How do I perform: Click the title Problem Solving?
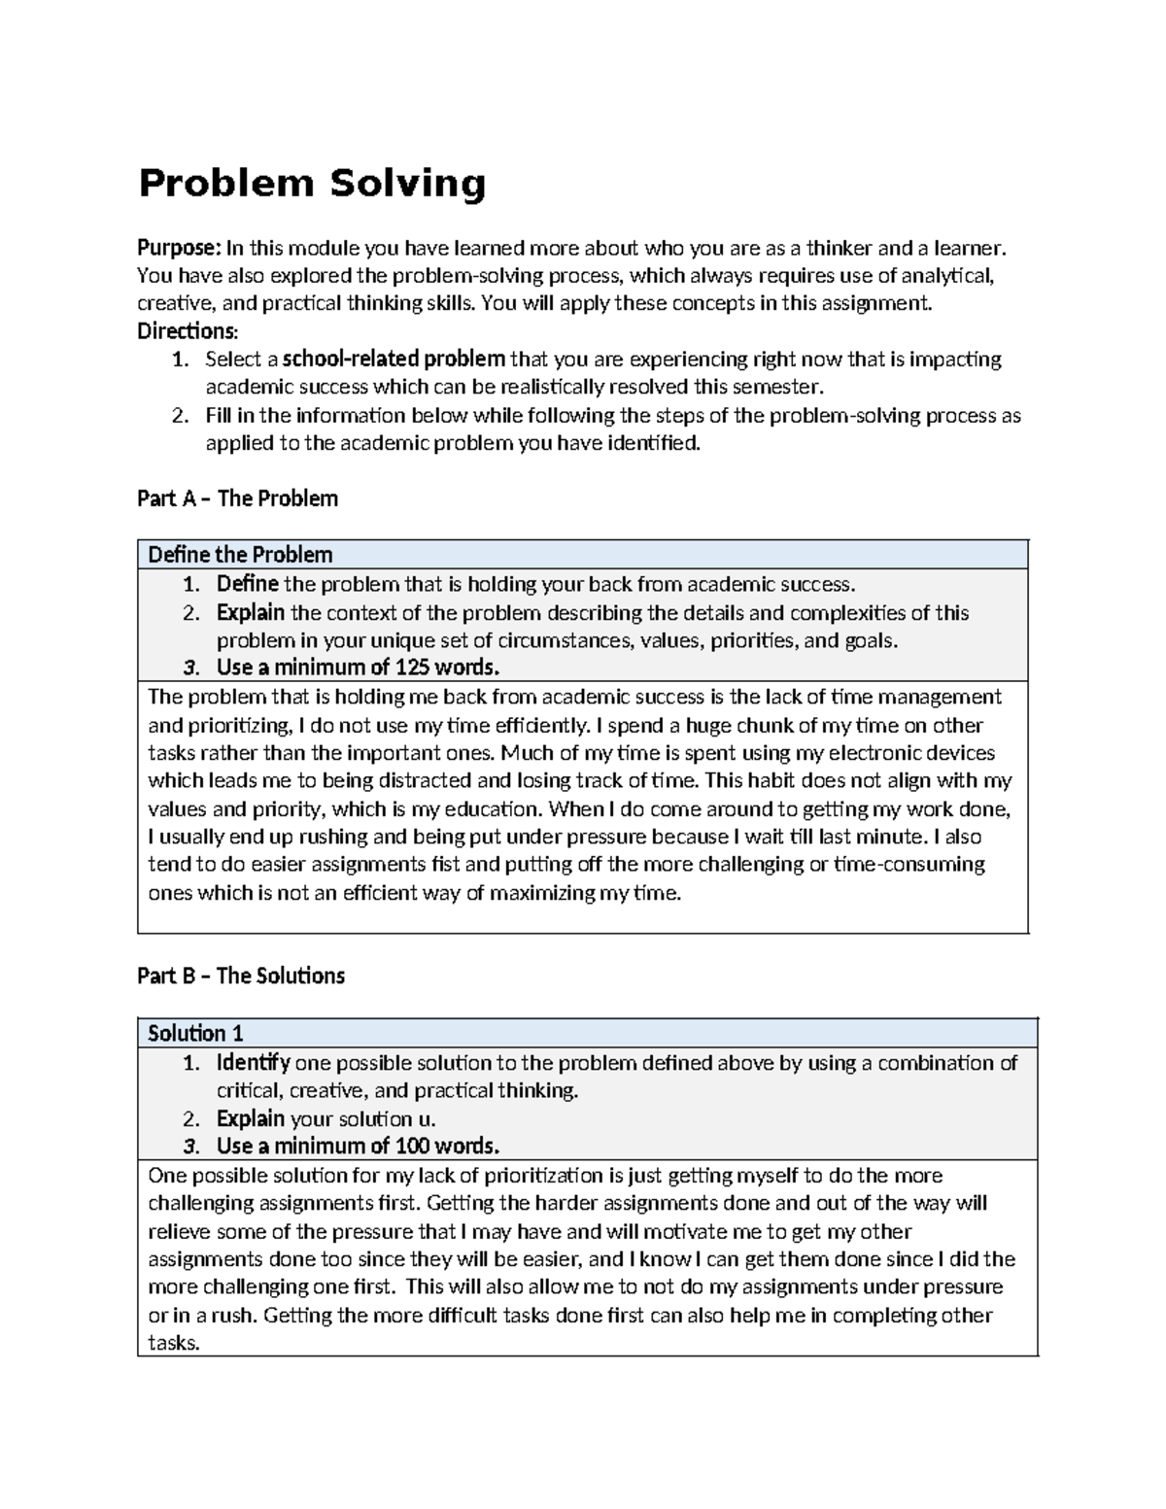(311, 184)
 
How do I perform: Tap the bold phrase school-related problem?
(394, 359)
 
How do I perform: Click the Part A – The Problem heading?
(237, 498)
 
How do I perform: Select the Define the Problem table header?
(240, 555)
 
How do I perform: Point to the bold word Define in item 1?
(247, 584)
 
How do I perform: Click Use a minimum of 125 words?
(358, 668)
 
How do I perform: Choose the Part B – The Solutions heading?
(241, 976)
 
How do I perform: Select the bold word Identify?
(253, 1062)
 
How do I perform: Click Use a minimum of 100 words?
(358, 1146)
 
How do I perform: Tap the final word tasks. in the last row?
(173, 1344)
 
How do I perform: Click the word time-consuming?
(909, 864)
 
